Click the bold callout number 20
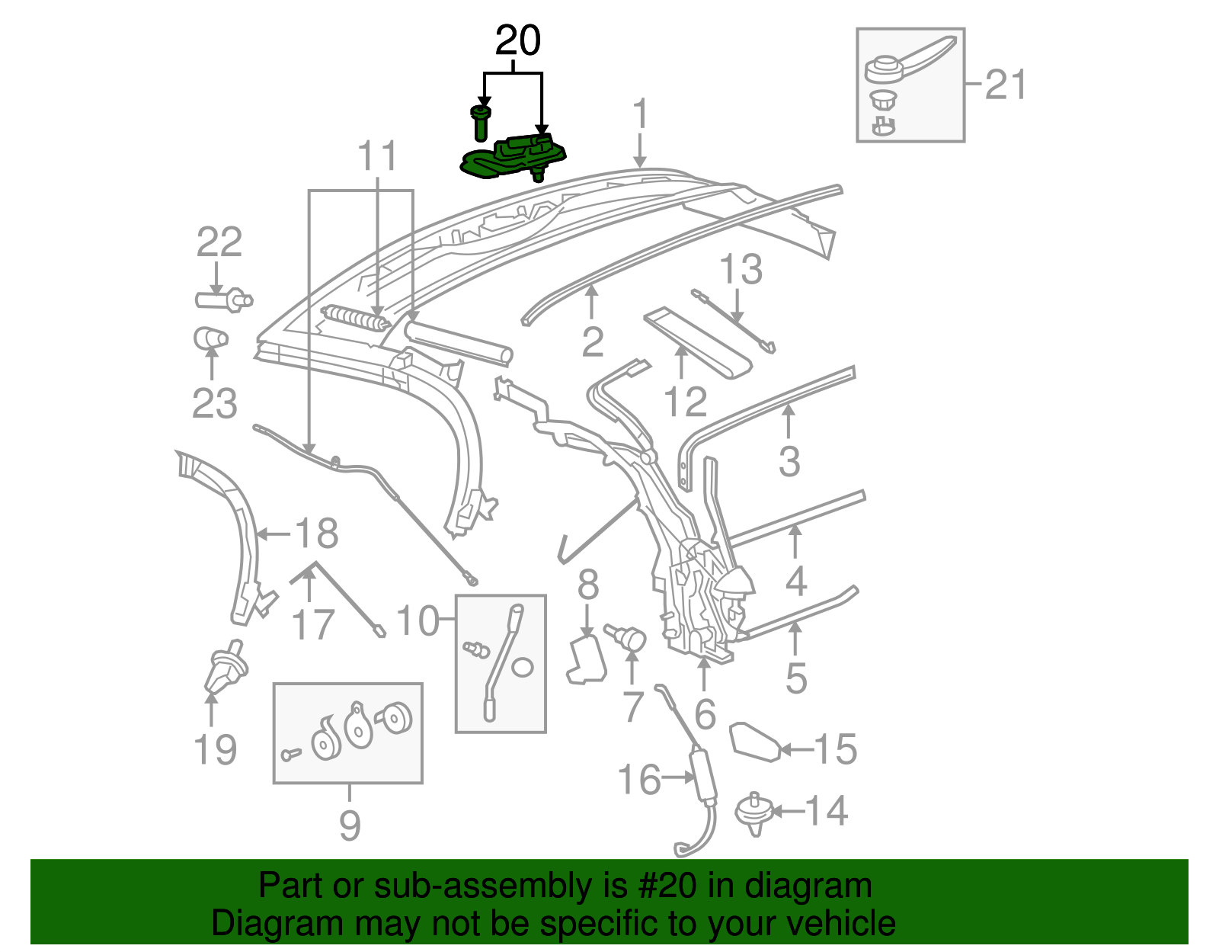[518, 41]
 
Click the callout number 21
[1005, 85]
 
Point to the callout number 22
[219, 242]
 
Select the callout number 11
[378, 157]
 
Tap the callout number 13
[741, 270]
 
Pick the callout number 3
[789, 461]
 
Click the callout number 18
[316, 534]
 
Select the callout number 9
[349, 825]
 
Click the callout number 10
[418, 621]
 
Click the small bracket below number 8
[587, 660]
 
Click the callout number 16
[638, 780]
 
